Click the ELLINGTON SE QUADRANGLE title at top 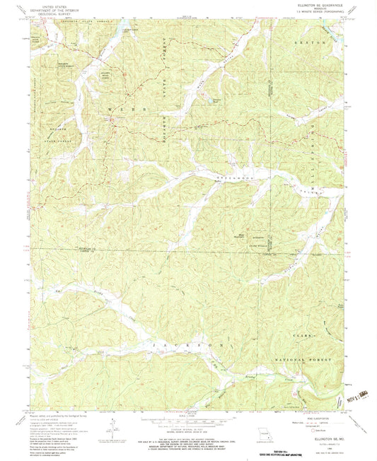point(314,4)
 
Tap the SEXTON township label point(315,44)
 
